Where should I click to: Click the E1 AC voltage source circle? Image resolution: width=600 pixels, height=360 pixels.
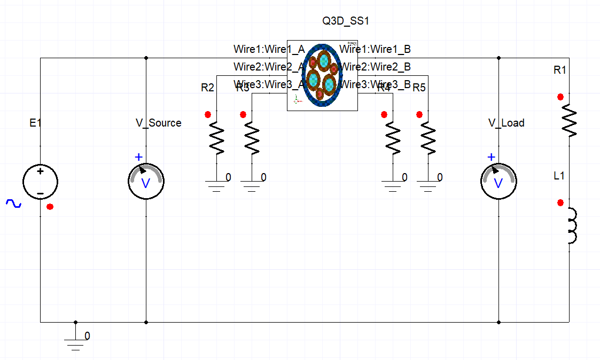pos(40,182)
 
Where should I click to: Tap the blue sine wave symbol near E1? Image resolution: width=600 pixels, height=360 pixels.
pos(13,204)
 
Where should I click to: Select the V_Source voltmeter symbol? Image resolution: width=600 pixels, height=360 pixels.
pos(146,182)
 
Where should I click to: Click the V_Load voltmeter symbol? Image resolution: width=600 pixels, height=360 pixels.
pos(498,182)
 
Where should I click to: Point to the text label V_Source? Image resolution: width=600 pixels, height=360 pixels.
pos(158,123)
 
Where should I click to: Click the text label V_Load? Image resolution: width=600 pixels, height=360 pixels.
pos(506,123)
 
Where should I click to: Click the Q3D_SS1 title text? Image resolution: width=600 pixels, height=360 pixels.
pos(346,21)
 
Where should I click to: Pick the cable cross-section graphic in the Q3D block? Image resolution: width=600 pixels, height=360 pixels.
pos(322,75)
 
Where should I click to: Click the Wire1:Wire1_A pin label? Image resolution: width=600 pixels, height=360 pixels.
pos(269,49)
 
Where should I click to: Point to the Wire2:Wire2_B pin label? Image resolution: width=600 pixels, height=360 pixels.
pos(375,67)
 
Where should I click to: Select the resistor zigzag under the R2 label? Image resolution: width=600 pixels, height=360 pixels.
pos(217,138)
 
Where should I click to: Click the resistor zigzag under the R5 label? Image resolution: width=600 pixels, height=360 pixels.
pos(427,138)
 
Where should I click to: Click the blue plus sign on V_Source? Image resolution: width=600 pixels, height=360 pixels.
pos(138,157)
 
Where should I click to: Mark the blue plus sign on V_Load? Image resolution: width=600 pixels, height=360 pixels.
pos(491,157)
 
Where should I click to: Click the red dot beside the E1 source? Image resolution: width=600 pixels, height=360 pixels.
pos(50,207)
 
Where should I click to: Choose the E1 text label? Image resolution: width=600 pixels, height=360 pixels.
pos(35,123)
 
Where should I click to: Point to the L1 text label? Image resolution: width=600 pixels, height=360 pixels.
pos(559,175)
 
